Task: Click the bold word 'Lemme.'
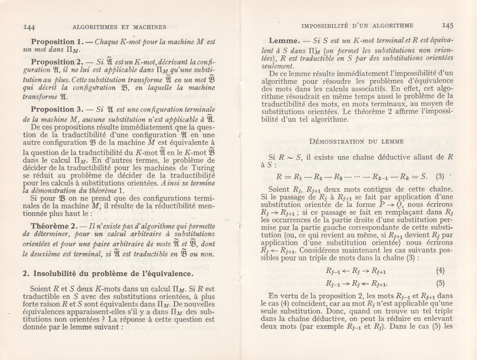pos(286,41)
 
